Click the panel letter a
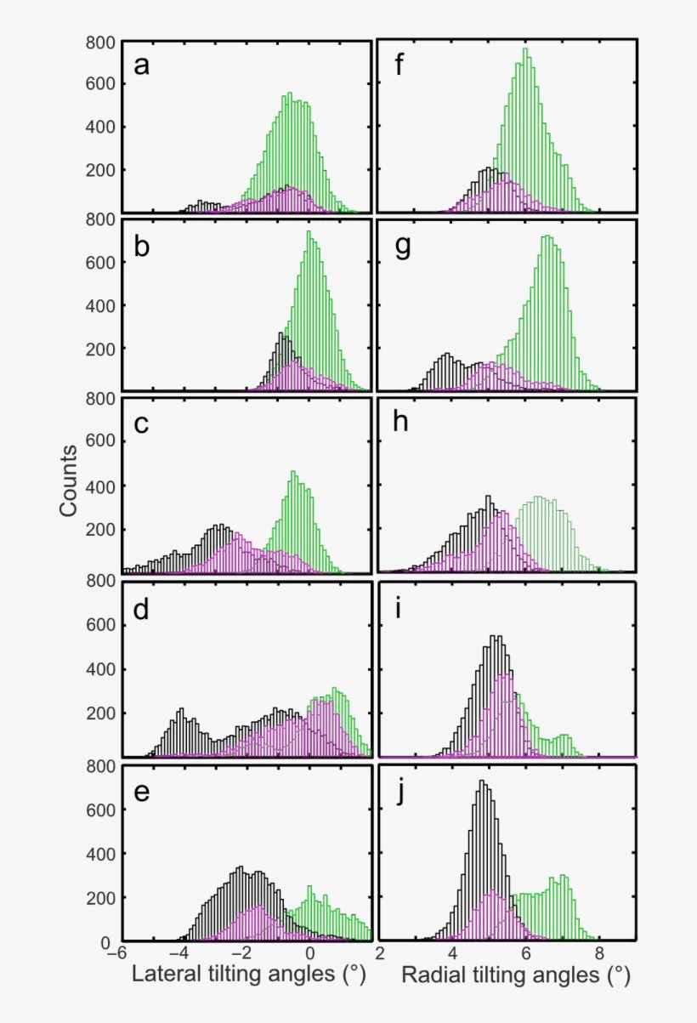[x=141, y=65]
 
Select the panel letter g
[x=403, y=248]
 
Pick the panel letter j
[x=399, y=793]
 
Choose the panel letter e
[x=141, y=792]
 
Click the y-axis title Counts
[x=68, y=481]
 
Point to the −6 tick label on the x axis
[x=116, y=953]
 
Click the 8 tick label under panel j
[x=599, y=953]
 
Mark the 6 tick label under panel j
[x=526, y=953]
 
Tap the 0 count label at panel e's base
[x=105, y=943]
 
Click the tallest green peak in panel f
[x=525, y=48]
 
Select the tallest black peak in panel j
[x=482, y=781]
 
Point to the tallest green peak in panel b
[x=309, y=231]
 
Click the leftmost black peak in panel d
[x=182, y=709]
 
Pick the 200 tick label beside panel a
[x=99, y=170]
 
